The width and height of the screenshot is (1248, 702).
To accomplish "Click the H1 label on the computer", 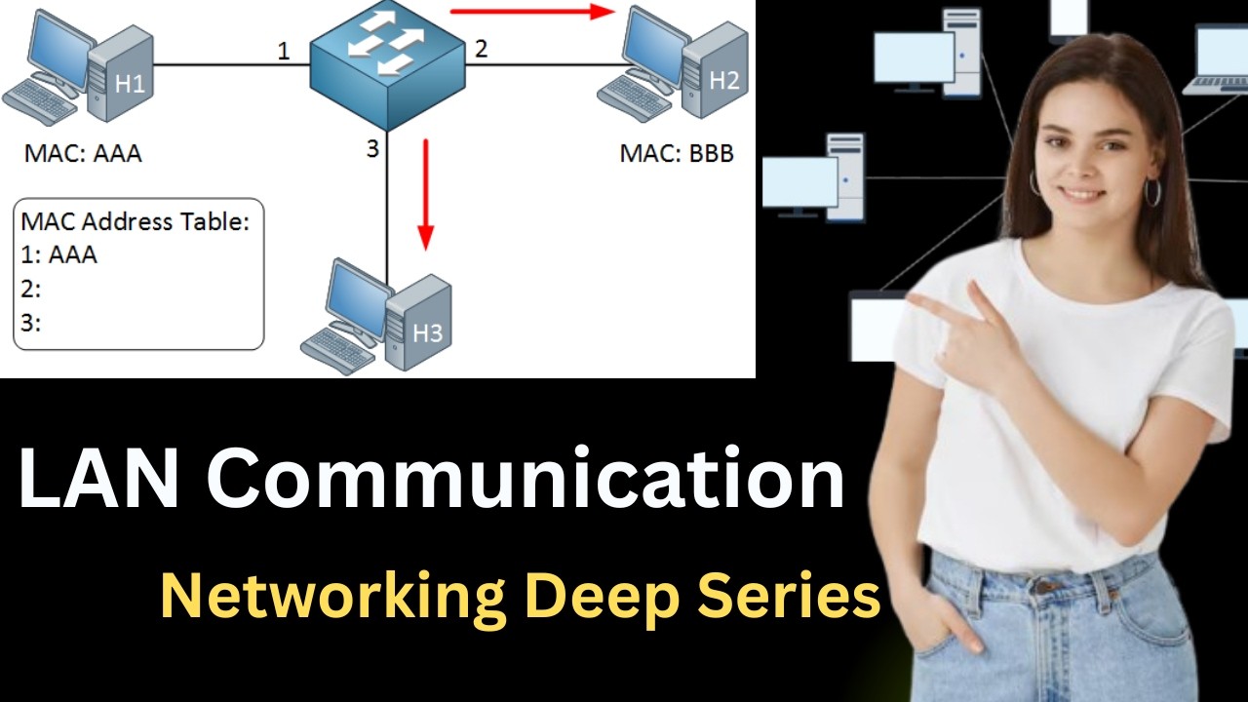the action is tap(130, 84).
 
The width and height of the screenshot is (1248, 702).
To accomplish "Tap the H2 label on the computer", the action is tap(724, 81).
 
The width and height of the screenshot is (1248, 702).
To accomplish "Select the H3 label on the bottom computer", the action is tap(427, 332).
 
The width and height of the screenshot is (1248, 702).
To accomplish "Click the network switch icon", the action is tap(387, 65).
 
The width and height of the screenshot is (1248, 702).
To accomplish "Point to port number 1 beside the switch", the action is tap(284, 52).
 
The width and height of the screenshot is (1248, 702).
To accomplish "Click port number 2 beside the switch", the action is tap(481, 49).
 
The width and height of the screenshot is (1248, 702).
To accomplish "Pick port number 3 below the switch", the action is tap(372, 149).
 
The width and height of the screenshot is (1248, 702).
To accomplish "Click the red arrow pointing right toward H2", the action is tap(532, 11).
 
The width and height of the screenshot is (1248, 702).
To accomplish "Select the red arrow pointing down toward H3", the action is tap(426, 194).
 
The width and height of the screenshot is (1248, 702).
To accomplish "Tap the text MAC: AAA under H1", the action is tap(83, 153).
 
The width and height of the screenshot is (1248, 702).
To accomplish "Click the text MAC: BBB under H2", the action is tap(677, 153).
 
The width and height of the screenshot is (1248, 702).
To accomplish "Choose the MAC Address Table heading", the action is tap(135, 221).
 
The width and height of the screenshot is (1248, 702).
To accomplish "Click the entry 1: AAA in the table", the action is tap(58, 255).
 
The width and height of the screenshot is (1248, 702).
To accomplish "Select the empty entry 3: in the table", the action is tap(30, 323).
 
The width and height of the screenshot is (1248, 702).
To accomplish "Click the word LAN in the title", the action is tap(98, 479).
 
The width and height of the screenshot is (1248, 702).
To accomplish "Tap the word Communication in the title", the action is tap(526, 479).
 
